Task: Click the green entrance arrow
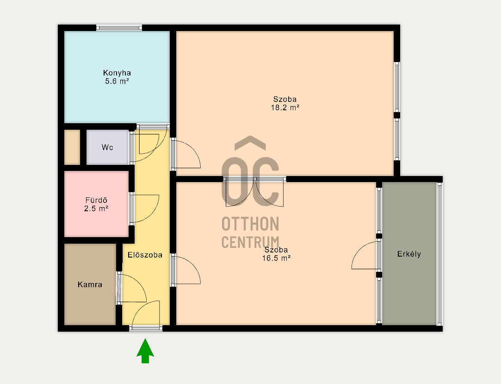tap(145, 352)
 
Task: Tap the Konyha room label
tap(117, 73)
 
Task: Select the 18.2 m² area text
tap(285, 107)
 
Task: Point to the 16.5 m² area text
tap(276, 258)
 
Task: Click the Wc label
tap(107, 147)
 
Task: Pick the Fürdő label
tap(96, 200)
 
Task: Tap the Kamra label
tap(90, 284)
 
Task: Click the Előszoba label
tap(145, 255)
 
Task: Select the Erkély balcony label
tap(409, 254)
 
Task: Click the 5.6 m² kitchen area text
tap(117, 81)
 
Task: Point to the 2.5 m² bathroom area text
tap(96, 208)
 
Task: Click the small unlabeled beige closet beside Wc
tap(72, 147)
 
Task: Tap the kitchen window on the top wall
tap(119, 28)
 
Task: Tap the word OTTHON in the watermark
tap(251, 224)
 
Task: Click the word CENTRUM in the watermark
tap(251, 242)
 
